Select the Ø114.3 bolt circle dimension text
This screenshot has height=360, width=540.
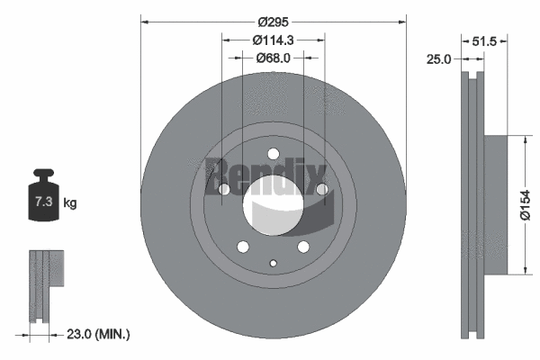[274, 40]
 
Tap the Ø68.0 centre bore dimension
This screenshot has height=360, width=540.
[274, 58]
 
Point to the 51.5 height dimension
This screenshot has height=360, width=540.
[485, 40]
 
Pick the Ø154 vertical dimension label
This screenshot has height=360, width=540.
[532, 205]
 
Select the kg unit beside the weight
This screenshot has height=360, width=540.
[69, 203]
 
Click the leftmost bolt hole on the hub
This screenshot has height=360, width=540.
[224, 190]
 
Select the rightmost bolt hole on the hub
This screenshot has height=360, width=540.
[321, 189]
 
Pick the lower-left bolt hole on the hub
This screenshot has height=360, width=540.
[242, 247]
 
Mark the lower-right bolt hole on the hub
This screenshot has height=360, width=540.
[303, 247]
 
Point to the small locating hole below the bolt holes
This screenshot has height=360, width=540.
[273, 263]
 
